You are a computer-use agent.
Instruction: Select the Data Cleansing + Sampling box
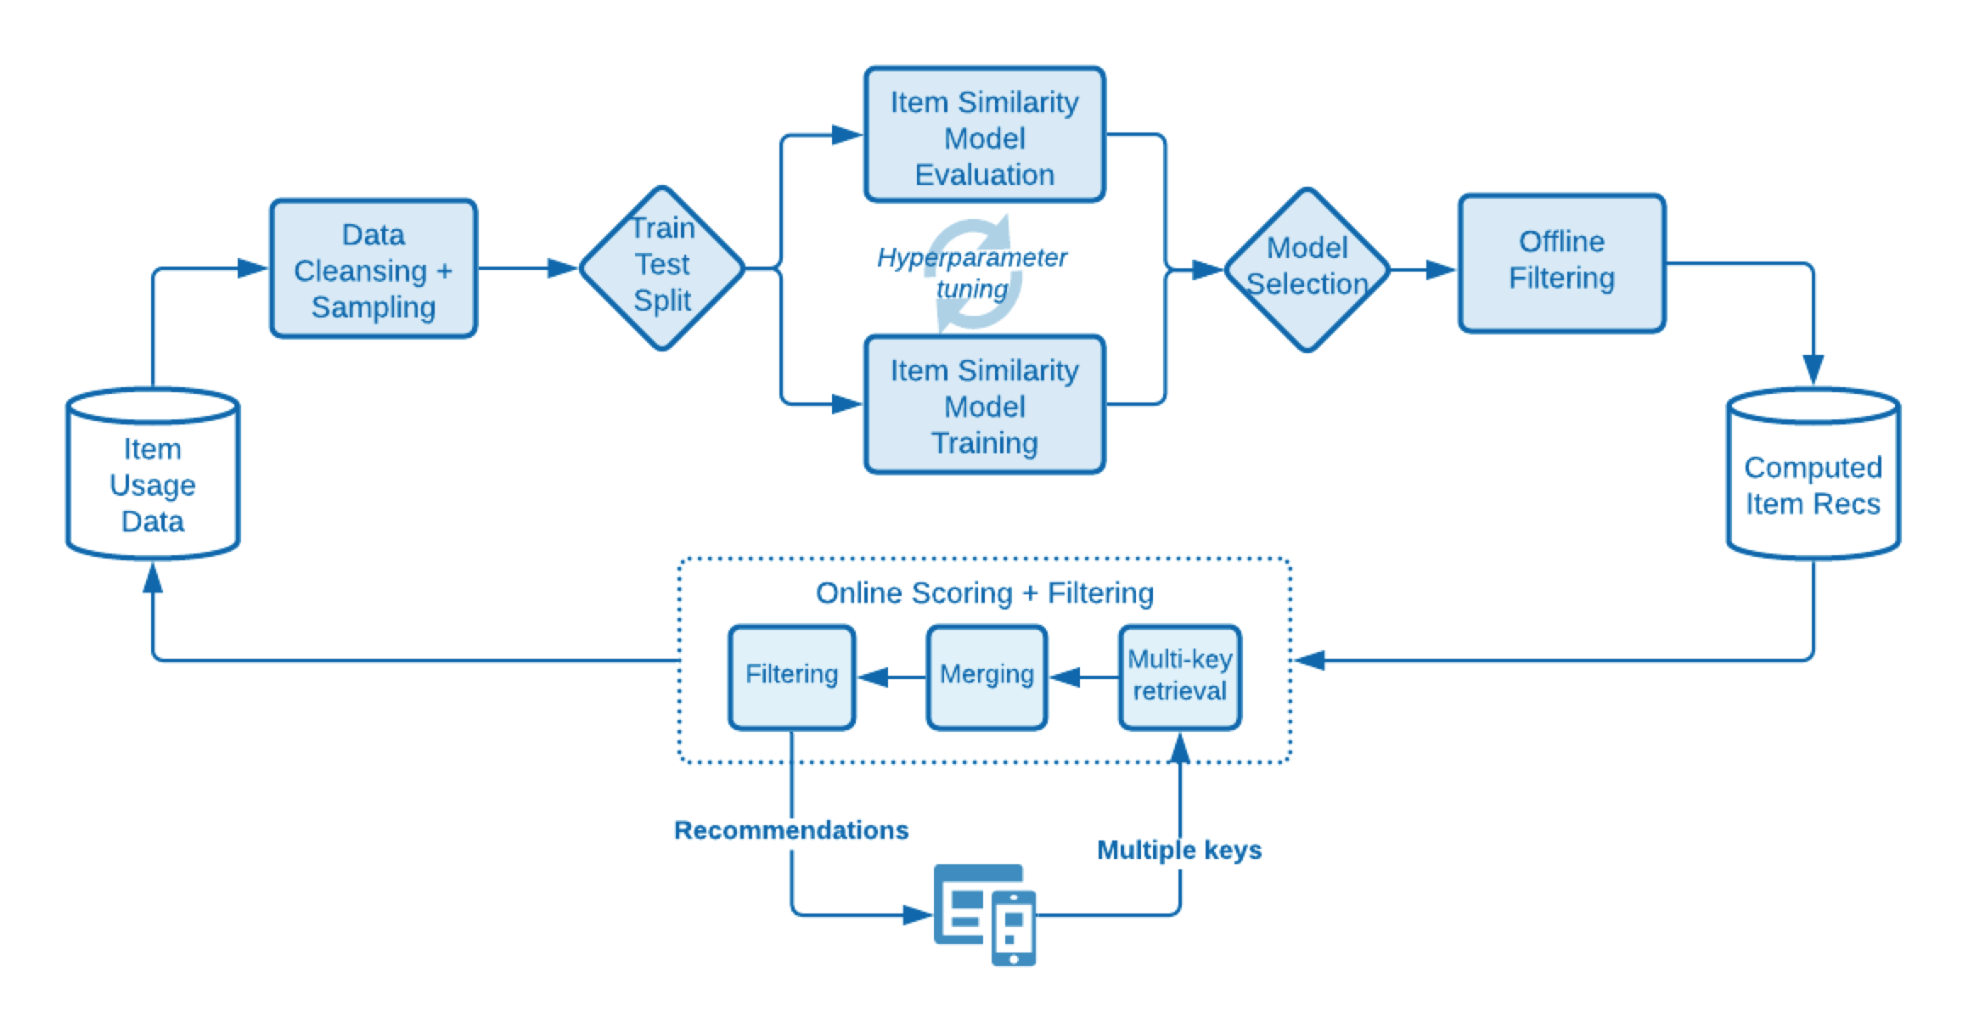[x=374, y=269]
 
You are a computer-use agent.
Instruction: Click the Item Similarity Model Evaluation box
[x=985, y=136]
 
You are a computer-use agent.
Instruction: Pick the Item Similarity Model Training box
[x=985, y=405]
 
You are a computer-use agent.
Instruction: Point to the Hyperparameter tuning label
[x=972, y=272]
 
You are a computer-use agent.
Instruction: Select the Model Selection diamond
[x=1307, y=268]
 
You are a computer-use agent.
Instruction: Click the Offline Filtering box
[x=1562, y=261]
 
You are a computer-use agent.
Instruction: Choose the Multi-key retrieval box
[x=1180, y=677]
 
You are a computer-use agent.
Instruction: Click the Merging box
[x=987, y=677]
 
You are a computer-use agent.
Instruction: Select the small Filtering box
[x=791, y=677]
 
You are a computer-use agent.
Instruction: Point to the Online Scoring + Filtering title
[x=985, y=593]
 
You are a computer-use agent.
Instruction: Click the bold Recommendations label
[x=791, y=829]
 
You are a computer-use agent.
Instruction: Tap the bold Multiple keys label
[x=1179, y=850]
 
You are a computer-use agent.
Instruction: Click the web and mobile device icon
[x=985, y=914]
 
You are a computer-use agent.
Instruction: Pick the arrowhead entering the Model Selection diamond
[x=1207, y=270]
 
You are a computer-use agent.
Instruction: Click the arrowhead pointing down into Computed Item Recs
[x=1813, y=369]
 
